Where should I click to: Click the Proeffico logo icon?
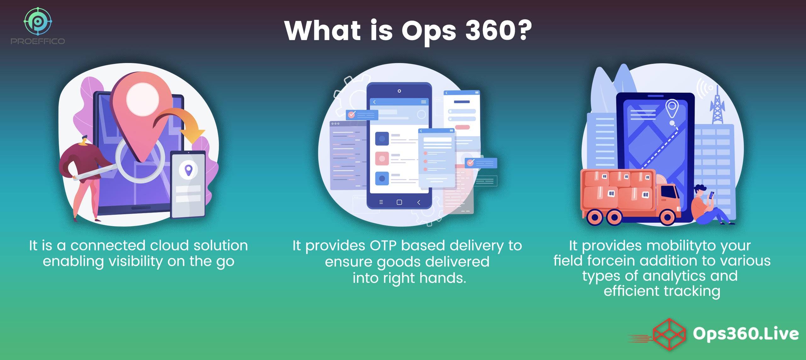38,21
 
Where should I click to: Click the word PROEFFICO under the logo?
38,41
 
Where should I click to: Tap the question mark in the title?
524,30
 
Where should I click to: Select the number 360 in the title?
490,31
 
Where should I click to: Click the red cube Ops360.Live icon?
669,334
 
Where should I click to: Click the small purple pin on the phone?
188,170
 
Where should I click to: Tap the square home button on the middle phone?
399,202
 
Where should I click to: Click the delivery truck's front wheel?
667,217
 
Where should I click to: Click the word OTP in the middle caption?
383,245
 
